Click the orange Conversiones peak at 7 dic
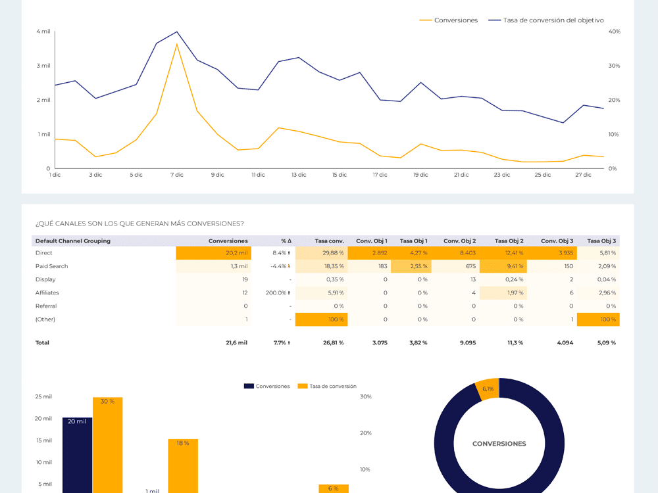177,44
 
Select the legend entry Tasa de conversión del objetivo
553,20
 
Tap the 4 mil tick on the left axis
43,32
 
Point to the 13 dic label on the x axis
299,175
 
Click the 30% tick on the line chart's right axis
614,66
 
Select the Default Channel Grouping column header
73,241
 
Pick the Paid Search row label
51,266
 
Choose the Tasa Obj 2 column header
509,241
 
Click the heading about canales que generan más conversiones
139,223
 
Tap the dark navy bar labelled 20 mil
77,457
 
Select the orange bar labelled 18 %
182,467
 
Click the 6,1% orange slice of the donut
488,388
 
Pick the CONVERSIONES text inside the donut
499,444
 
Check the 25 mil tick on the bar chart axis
43,396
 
